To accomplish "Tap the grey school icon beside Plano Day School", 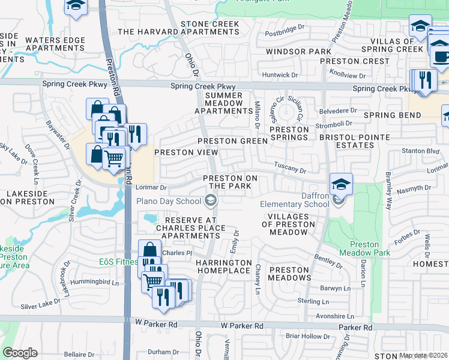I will coord(213,201).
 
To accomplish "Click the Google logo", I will coord(20,353).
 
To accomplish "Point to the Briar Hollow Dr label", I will coord(304,336).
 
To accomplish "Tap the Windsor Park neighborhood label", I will coord(291,52).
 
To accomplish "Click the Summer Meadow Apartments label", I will coord(224,103).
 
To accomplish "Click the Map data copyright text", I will coord(423,355).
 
